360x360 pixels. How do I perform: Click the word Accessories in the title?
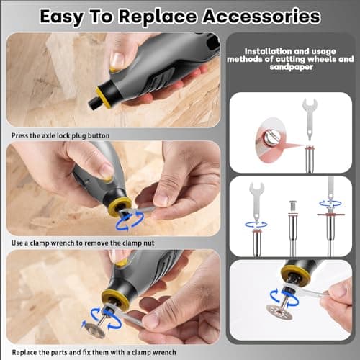(261, 17)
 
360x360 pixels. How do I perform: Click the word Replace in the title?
(158, 17)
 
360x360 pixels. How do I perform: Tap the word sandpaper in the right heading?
(291, 67)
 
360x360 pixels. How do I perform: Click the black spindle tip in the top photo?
(93, 104)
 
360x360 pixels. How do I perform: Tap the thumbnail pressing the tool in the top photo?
(117, 60)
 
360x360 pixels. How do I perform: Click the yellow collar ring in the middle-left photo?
(120, 206)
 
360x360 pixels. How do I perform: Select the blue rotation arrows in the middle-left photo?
(130, 220)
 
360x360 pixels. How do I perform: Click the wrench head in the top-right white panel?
(310, 104)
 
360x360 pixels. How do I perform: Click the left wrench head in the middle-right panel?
(256, 189)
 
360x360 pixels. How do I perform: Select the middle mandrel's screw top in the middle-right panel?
(292, 203)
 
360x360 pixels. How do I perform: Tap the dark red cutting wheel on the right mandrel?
(330, 215)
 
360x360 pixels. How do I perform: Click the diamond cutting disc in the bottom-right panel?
(279, 312)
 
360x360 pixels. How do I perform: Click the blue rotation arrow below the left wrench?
(256, 225)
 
